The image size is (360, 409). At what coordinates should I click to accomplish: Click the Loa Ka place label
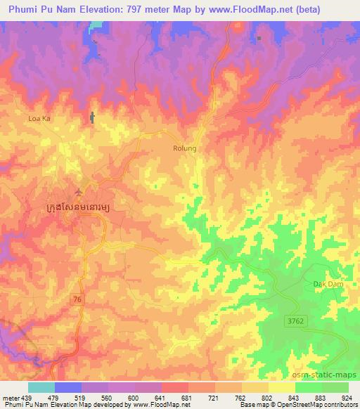click(39, 119)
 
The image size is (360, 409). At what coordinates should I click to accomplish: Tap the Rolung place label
click(185, 148)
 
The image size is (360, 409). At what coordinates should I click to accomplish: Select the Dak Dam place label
click(326, 283)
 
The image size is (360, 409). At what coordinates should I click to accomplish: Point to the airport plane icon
click(78, 190)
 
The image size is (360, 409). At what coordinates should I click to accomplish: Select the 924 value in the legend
click(347, 397)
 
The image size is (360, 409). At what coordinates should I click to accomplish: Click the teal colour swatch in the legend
click(41, 387)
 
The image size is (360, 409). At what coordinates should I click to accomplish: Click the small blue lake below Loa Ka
click(91, 118)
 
